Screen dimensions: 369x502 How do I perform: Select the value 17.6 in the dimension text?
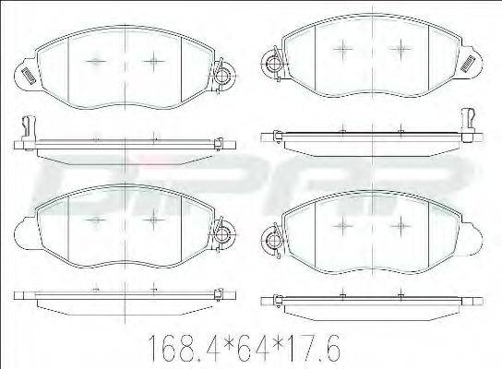(x=311, y=348)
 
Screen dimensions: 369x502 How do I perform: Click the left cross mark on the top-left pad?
(x=95, y=62)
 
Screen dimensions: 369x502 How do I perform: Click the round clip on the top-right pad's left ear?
(x=271, y=64)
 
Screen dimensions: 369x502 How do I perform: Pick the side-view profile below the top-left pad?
(x=120, y=141)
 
